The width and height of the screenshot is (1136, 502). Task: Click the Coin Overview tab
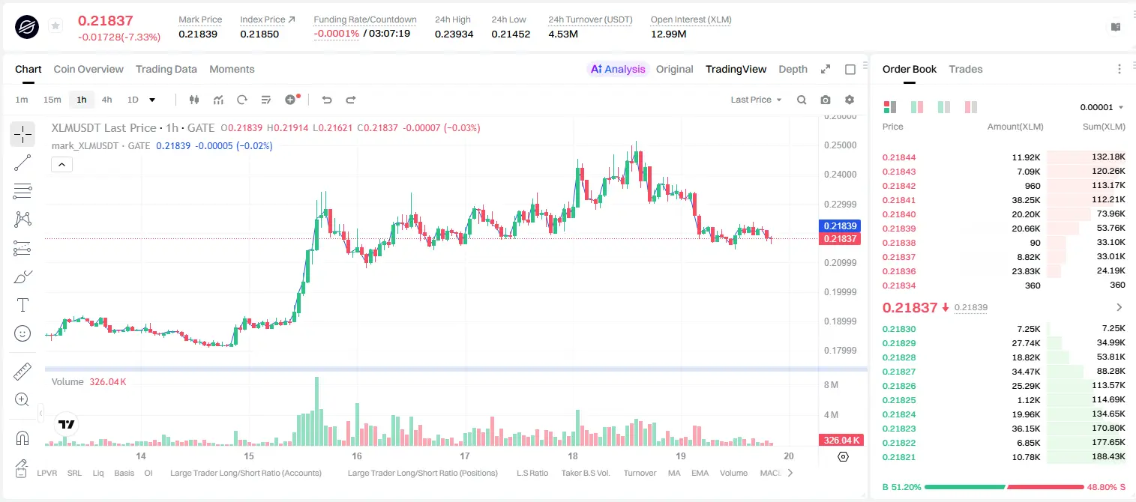tap(88, 69)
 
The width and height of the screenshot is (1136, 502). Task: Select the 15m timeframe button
tap(52, 100)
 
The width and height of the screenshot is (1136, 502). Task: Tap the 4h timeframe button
tap(106, 100)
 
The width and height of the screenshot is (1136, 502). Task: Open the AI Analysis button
tap(618, 69)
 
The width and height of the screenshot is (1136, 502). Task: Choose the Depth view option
tap(793, 69)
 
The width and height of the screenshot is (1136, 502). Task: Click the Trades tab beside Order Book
tap(966, 69)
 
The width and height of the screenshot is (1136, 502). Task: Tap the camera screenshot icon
tap(826, 100)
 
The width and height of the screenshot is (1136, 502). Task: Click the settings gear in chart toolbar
tap(850, 100)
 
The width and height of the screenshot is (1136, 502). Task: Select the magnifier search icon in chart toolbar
tap(802, 100)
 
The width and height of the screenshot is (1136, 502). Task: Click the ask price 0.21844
tap(898, 157)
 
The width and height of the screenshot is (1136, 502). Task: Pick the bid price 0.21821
tap(898, 457)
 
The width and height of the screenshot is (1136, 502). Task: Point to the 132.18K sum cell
tap(1108, 157)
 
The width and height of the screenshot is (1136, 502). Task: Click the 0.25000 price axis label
tap(841, 145)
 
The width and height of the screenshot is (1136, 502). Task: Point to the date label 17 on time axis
tap(465, 456)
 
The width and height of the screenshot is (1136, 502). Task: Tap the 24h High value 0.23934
tap(454, 34)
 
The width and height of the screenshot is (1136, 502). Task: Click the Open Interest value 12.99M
tap(668, 34)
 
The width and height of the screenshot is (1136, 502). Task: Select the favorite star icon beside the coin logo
tap(55, 25)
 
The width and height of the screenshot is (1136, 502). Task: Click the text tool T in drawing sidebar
tap(22, 305)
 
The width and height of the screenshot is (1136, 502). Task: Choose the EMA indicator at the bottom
tap(700, 473)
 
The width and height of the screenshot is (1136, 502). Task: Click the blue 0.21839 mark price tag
tap(840, 226)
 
